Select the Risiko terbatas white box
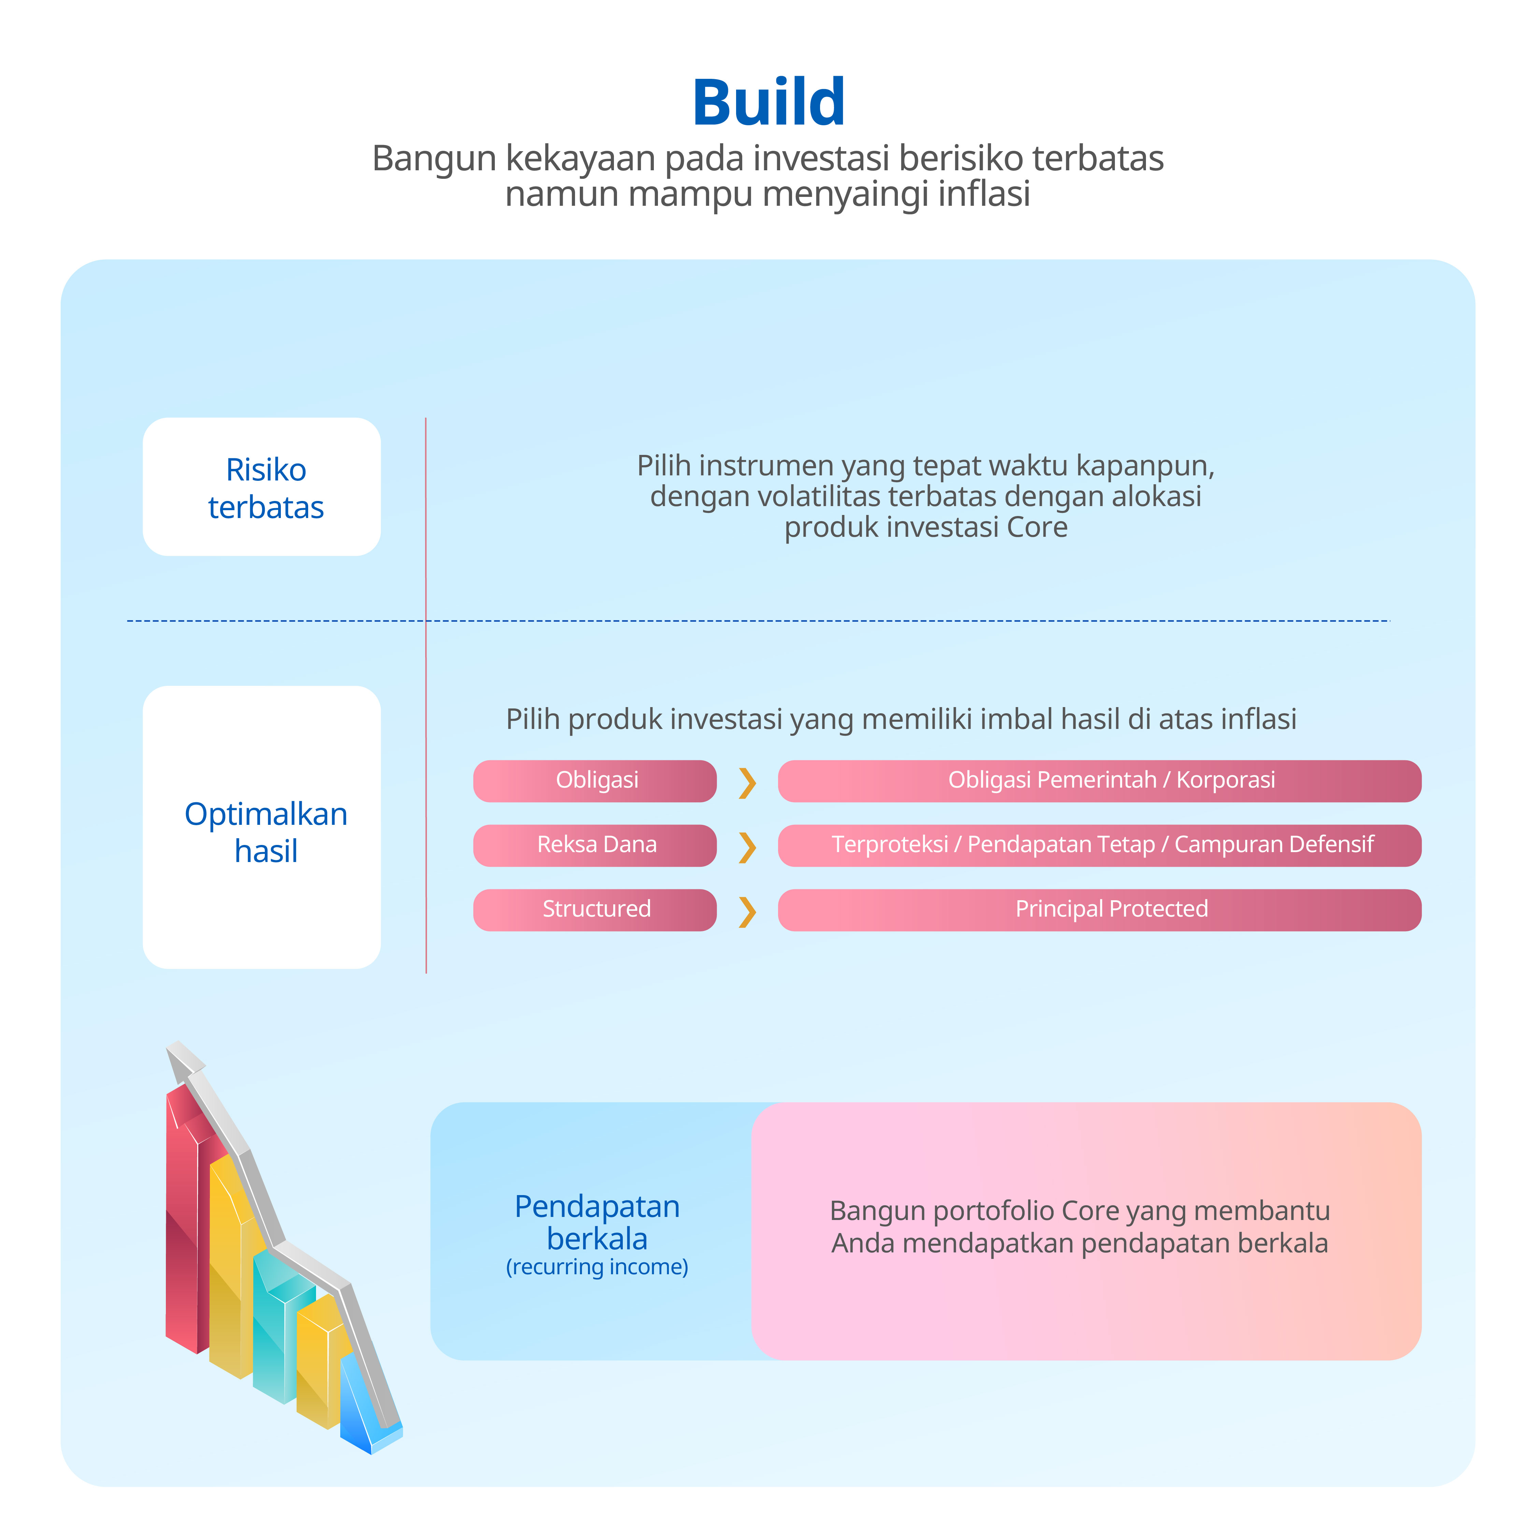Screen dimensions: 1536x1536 click(x=261, y=487)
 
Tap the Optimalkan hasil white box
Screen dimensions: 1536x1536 click(x=261, y=827)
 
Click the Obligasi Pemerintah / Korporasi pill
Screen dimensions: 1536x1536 click(x=1099, y=781)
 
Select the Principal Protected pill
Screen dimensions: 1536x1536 click(x=1099, y=909)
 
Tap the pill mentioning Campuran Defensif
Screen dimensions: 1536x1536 click(x=1099, y=845)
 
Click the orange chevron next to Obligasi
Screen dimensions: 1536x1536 click(x=747, y=783)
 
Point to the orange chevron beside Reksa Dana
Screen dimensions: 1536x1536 click(x=747, y=847)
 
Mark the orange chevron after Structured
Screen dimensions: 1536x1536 click(x=747, y=912)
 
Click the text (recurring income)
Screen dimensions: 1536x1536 click(x=597, y=1266)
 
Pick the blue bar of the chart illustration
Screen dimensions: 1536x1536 click(x=358, y=1407)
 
